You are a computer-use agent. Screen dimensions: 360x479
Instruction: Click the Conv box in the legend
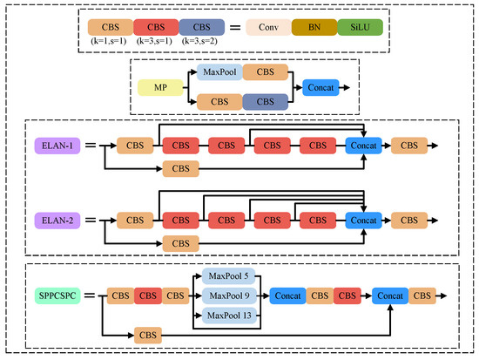(267, 29)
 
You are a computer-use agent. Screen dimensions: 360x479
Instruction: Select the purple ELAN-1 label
(57, 146)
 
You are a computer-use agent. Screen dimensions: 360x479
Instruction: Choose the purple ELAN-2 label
(57, 221)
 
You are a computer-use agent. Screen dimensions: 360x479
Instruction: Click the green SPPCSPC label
(57, 296)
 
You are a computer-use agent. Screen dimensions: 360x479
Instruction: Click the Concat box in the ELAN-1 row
(365, 146)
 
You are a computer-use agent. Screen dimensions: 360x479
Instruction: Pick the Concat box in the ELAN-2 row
(365, 221)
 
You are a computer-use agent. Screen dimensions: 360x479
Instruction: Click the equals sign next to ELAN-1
(91, 146)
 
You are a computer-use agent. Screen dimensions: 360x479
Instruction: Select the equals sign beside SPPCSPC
(91, 296)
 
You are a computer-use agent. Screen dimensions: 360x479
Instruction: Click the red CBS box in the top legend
(154, 29)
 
